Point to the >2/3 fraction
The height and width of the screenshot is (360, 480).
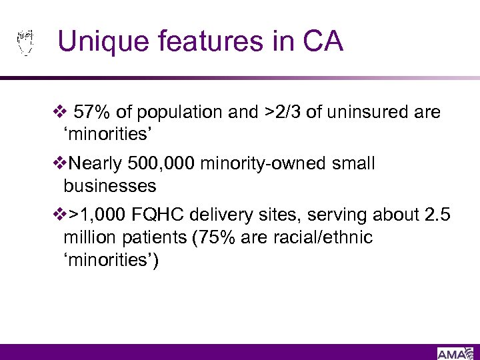coord(281,113)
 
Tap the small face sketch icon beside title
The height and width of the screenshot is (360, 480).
coord(25,41)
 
